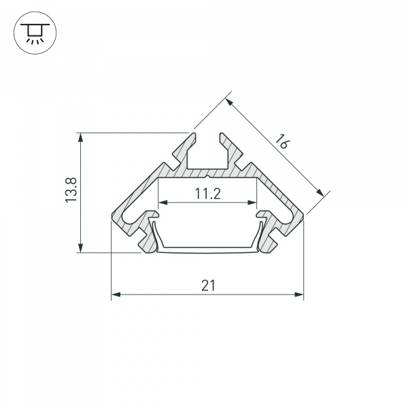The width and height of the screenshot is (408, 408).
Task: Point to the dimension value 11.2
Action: (207, 194)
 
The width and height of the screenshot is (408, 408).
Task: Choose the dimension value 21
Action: (207, 286)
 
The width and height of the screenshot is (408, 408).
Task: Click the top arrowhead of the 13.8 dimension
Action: (82, 137)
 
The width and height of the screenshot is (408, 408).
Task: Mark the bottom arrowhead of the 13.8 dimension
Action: (82, 249)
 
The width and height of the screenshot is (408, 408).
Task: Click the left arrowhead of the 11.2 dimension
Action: (163, 203)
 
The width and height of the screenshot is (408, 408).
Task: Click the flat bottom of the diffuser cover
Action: (207, 250)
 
